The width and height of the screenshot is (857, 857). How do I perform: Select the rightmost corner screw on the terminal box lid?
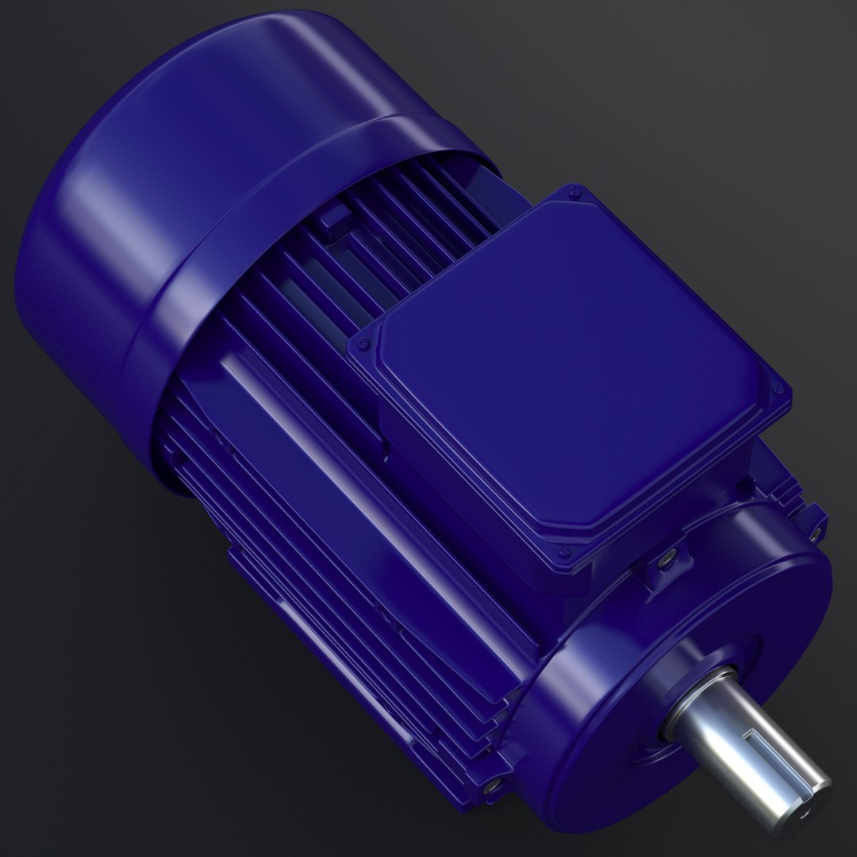tap(778, 389)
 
